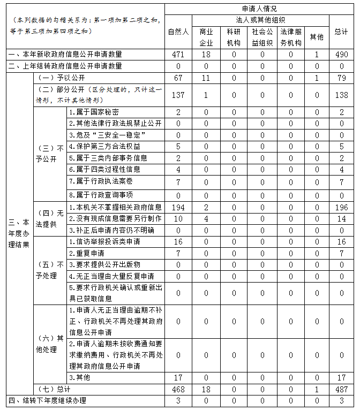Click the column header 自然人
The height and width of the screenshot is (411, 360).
click(178, 32)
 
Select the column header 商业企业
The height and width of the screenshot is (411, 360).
click(206, 37)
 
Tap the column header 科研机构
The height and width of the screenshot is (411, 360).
click(234, 37)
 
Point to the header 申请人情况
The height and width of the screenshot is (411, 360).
click(259, 9)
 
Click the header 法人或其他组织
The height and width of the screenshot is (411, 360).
click(259, 19)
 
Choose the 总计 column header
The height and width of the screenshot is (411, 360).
click(341, 32)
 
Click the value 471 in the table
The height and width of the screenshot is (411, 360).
click(178, 55)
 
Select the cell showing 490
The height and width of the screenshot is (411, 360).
click(341, 55)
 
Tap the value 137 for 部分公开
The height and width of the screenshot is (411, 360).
click(178, 95)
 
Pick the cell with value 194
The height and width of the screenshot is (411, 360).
click(178, 207)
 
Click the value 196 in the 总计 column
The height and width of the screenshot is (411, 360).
click(341, 207)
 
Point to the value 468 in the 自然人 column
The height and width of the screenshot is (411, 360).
click(178, 389)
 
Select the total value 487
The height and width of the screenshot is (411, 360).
click(341, 389)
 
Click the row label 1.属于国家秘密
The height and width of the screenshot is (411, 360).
click(94, 112)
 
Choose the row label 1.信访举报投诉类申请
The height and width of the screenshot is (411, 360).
click(104, 242)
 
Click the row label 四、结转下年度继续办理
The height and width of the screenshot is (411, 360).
click(47, 400)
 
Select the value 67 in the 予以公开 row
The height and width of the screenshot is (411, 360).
click(178, 78)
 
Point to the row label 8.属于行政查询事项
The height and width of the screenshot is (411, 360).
click(101, 195)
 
